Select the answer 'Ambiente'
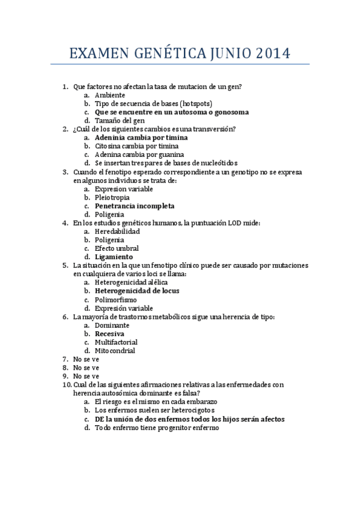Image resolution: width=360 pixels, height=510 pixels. pyautogui.click(x=110, y=95)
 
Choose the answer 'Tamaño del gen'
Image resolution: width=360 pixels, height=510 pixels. pyautogui.click(x=120, y=120)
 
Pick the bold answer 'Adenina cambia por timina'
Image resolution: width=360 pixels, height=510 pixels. pyautogui.click(x=141, y=138)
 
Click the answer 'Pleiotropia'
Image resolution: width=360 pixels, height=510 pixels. pyautogui.click(x=112, y=197)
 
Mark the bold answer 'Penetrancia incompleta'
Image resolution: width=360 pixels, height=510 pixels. pyautogui.click(x=135, y=206)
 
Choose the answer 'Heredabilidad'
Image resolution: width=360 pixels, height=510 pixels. pyautogui.click(x=117, y=231)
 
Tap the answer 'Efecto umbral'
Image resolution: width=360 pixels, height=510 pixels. pyautogui.click(x=117, y=248)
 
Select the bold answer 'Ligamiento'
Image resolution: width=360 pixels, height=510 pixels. pyautogui.click(x=114, y=257)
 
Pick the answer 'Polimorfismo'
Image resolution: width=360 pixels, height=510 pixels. pyautogui.click(x=115, y=300)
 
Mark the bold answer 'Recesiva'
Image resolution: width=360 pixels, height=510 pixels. pyautogui.click(x=109, y=333)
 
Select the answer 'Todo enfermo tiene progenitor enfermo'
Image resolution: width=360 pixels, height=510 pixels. pyautogui.click(x=157, y=428)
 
